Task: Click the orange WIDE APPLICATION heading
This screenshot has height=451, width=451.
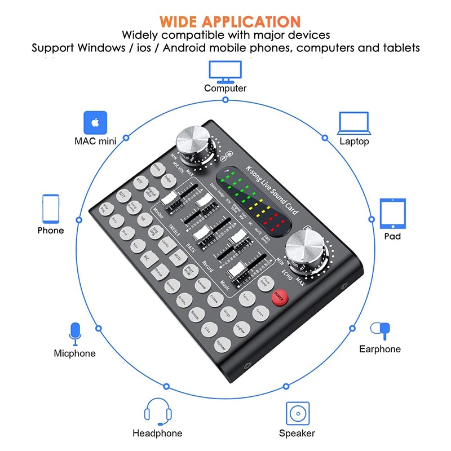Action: point(229,21)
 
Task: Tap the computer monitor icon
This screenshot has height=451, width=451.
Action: point(225,70)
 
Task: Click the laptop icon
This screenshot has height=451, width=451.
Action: point(353,123)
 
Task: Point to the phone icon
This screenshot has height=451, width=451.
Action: point(51,208)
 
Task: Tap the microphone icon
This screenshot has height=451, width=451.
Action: point(74,334)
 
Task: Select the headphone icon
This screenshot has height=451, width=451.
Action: point(157,412)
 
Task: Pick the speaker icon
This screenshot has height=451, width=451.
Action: point(297,414)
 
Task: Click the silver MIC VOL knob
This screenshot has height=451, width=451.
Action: point(192,144)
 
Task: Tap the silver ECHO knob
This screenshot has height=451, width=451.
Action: point(303,252)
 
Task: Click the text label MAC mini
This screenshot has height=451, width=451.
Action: point(95,141)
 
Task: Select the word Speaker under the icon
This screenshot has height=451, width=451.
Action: point(297,434)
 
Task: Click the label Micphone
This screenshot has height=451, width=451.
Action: point(74,353)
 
